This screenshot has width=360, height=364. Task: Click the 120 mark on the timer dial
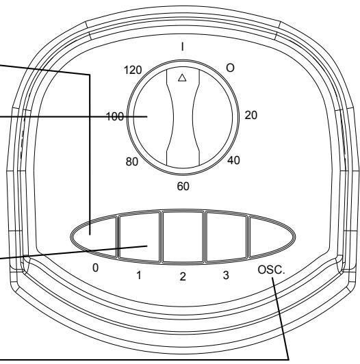coord(133,70)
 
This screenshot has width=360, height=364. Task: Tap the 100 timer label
coord(115,116)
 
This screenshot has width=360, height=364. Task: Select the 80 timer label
coord(132,161)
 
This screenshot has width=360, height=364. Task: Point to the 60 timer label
coord(183,186)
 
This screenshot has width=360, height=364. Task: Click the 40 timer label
coord(233,160)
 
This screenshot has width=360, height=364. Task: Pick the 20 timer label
coord(251,115)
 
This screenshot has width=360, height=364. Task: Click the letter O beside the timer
coord(230,68)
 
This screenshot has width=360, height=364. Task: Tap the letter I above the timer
coord(183,47)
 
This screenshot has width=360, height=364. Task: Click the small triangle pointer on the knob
coord(182,78)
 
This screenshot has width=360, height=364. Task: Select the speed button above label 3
coord(227,237)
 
